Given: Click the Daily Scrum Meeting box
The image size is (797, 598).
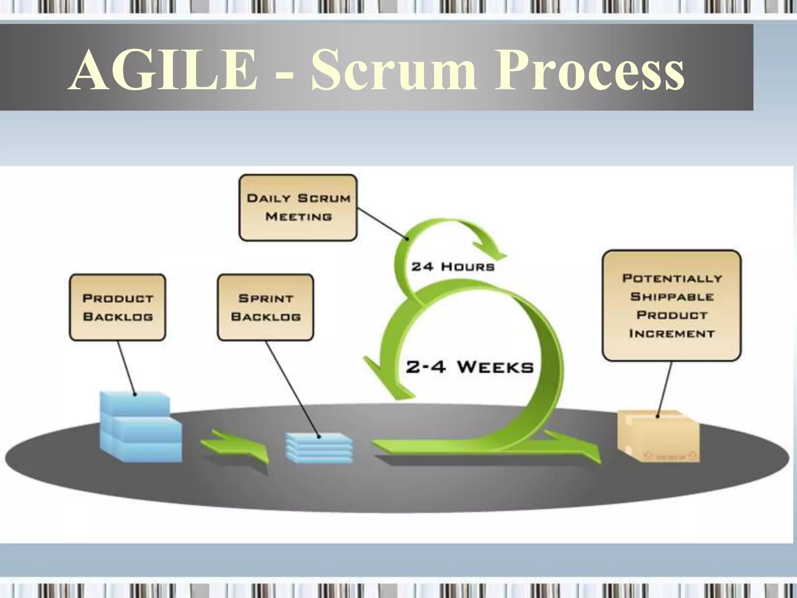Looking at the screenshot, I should pos(298,208).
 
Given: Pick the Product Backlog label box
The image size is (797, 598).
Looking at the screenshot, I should pos(118,308).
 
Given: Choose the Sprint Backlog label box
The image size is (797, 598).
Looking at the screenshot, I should pos(265,308).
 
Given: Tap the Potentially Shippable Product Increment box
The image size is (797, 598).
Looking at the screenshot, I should pos(672,306).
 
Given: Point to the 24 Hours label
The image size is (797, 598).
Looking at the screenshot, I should pos(453,267).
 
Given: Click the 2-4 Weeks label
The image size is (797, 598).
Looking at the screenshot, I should pos(469,367).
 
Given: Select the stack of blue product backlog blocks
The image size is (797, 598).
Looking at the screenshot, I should pos(140,428).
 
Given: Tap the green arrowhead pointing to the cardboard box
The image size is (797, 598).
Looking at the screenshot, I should pos(584,452).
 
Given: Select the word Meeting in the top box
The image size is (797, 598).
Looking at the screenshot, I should pos(298,216).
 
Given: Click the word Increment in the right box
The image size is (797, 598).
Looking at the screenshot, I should pos(672,334).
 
